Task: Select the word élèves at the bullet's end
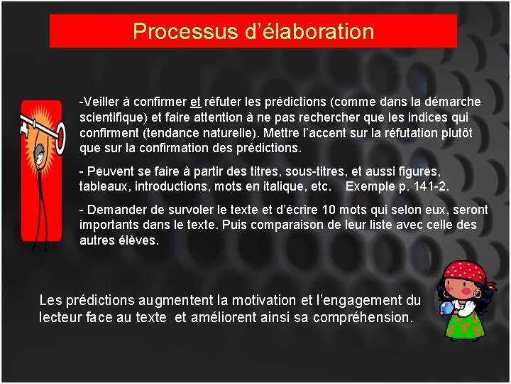[140, 240]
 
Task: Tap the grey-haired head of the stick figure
[41, 151]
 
